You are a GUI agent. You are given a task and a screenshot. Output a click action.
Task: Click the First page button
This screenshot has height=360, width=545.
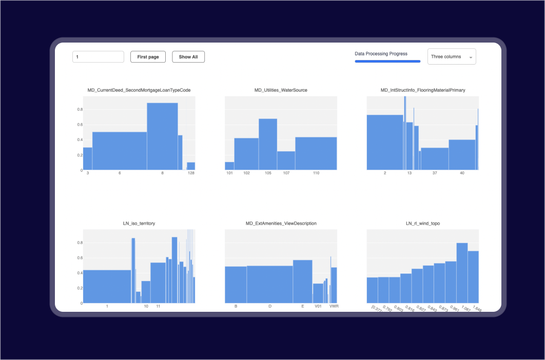point(148,57)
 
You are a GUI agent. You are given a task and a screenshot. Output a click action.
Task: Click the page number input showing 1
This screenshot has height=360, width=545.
point(98,57)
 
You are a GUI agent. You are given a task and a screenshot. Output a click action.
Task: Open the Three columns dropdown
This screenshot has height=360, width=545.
point(452,57)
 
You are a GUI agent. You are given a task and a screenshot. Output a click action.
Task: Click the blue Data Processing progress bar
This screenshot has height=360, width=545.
point(387,62)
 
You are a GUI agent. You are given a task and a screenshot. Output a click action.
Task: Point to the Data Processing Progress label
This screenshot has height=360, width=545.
point(381,53)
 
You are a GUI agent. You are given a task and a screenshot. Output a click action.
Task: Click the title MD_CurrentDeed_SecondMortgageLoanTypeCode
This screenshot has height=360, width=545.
point(139,90)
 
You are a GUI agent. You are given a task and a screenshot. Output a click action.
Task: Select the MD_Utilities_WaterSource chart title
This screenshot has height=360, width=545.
point(281,90)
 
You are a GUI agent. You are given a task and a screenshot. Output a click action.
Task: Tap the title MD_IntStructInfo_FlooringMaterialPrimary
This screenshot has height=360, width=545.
point(423,90)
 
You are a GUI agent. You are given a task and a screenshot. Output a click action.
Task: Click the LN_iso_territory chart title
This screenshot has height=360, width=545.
point(139,224)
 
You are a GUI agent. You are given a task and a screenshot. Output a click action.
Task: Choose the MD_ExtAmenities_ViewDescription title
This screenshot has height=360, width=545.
point(281,224)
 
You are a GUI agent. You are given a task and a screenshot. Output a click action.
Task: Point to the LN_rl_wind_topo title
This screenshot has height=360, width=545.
point(423,224)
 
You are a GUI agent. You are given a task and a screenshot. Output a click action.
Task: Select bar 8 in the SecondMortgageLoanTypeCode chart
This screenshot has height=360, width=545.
point(162,136)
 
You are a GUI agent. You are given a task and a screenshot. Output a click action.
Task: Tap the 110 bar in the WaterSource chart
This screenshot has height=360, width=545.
point(316,153)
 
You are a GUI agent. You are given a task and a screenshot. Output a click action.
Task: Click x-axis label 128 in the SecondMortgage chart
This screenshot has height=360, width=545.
point(191,173)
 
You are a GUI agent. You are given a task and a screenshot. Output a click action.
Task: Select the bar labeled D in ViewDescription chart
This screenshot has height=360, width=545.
point(270,284)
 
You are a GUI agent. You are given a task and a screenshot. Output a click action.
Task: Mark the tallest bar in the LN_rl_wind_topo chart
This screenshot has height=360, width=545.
point(462,272)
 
